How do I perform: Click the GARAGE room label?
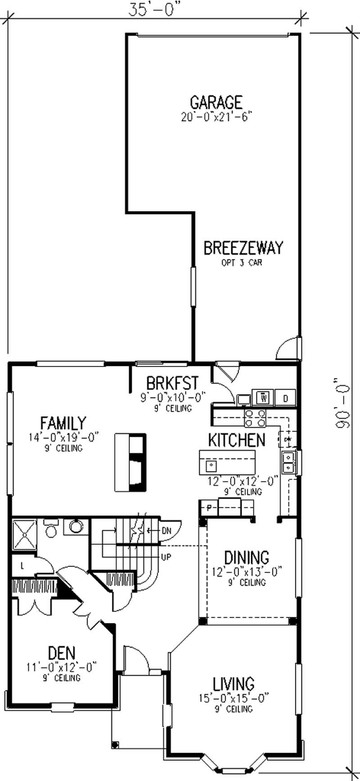(x=216, y=102)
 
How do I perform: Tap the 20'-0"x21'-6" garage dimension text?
(x=216, y=117)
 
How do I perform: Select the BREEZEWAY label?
(x=243, y=248)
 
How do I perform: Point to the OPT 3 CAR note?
(x=242, y=262)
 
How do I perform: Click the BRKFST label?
(x=172, y=383)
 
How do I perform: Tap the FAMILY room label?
(x=63, y=423)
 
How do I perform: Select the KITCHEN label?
(x=237, y=440)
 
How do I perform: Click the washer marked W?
(x=264, y=398)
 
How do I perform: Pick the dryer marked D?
(x=285, y=398)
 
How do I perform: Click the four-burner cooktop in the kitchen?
(x=255, y=418)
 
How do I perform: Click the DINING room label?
(x=247, y=557)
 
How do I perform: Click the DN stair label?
(x=166, y=531)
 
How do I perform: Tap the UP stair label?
(x=166, y=557)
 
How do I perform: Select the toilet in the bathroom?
(x=51, y=529)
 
